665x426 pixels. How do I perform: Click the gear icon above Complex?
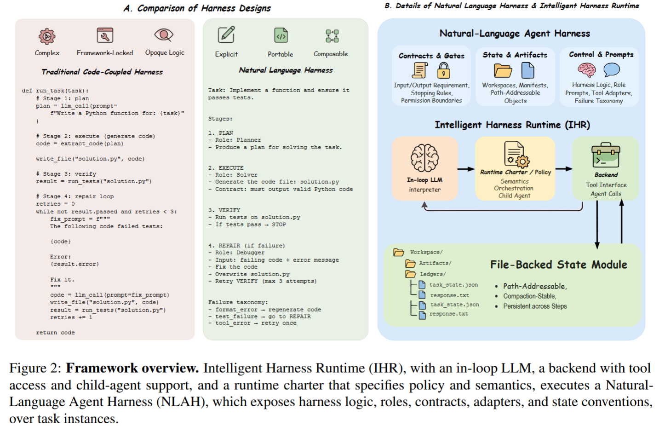coord(47,36)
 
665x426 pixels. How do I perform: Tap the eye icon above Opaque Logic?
coord(164,35)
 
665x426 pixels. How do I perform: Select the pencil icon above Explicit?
coord(226,35)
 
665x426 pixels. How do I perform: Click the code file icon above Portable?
coord(281,35)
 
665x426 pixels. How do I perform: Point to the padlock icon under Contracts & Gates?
coord(443,70)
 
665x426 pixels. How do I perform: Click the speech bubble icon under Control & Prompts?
coord(611,70)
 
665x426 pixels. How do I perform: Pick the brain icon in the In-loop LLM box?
coord(424,158)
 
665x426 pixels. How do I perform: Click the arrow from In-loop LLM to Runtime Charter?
coord(466,169)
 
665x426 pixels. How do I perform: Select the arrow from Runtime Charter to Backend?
coord(563,169)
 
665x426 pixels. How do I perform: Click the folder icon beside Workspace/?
coord(399,252)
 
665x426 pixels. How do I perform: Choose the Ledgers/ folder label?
coord(432,274)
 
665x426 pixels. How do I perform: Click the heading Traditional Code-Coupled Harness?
coord(102,72)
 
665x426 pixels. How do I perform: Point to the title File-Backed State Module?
coord(558,265)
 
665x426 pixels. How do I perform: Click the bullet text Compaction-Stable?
coord(529,296)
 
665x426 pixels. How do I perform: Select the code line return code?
coord(55,333)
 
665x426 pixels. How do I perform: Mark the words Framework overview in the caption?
coord(132,368)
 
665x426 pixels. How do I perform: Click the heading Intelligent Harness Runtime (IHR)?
coord(512,125)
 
